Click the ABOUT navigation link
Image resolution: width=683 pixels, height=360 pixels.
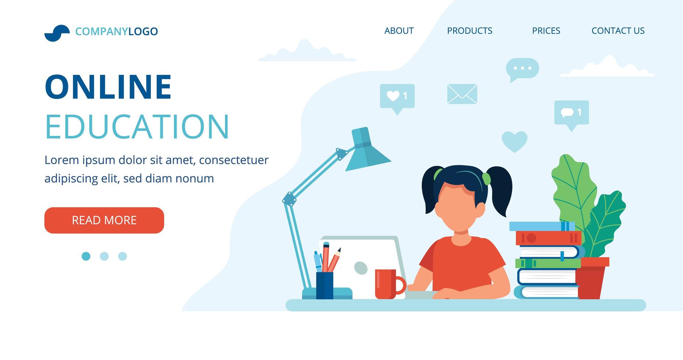[x=399, y=31]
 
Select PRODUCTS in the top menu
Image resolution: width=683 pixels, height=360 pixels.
[x=469, y=31]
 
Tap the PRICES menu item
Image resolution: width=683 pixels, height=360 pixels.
[x=546, y=31]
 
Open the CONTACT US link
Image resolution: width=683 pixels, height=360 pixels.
[x=618, y=31]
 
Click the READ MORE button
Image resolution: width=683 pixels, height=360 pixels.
[x=104, y=220]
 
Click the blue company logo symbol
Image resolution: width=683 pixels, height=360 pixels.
[x=57, y=33]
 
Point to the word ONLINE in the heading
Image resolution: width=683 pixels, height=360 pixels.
[x=108, y=87]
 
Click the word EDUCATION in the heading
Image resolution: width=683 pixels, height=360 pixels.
[x=137, y=126]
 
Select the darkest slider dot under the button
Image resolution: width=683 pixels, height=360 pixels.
[x=86, y=256]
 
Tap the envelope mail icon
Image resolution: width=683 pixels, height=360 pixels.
[x=462, y=94]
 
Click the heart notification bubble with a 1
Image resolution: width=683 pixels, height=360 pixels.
[x=397, y=98]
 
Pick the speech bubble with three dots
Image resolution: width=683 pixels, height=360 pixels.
[x=522, y=69]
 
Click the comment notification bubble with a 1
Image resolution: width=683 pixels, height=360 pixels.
[x=571, y=114]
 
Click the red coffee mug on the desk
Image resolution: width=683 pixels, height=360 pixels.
[x=389, y=284]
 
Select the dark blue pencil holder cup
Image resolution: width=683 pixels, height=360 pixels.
[x=325, y=285]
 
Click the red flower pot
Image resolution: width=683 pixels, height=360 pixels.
[x=591, y=278]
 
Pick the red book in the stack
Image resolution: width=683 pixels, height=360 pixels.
[x=548, y=238]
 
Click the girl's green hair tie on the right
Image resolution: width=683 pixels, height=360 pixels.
[x=486, y=179]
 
